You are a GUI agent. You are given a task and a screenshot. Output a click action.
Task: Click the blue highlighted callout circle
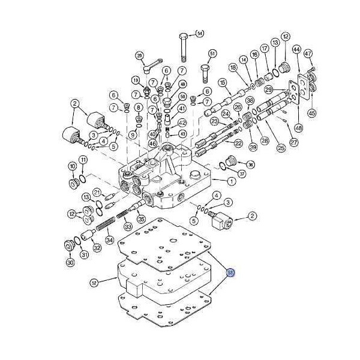(x=231, y=273)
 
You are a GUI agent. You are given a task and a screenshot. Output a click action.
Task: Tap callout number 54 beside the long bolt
(x=199, y=33)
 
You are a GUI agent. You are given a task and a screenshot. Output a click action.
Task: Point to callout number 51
(x=212, y=54)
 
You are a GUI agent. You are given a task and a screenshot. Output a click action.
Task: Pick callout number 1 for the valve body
(x=231, y=181)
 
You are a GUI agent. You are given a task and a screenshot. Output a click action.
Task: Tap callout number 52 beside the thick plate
(x=94, y=282)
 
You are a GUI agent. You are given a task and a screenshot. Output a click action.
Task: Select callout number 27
(x=294, y=142)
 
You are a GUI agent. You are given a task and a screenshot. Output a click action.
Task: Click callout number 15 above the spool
(x=222, y=82)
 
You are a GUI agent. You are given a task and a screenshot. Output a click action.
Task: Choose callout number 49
(x=182, y=85)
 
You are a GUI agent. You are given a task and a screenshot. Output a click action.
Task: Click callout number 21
(x=96, y=191)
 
